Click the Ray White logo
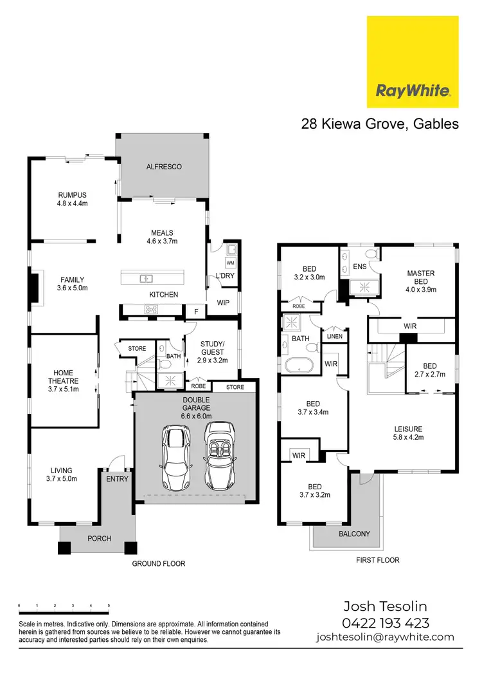(x=412, y=62)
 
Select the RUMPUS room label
(x=72, y=199)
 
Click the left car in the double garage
(x=175, y=457)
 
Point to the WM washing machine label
(x=229, y=263)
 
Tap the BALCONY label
(x=354, y=534)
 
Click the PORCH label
(x=99, y=538)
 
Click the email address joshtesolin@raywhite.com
(x=385, y=637)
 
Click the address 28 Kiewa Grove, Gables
(x=380, y=124)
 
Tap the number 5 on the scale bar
(x=109, y=606)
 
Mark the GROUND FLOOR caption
(x=159, y=563)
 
